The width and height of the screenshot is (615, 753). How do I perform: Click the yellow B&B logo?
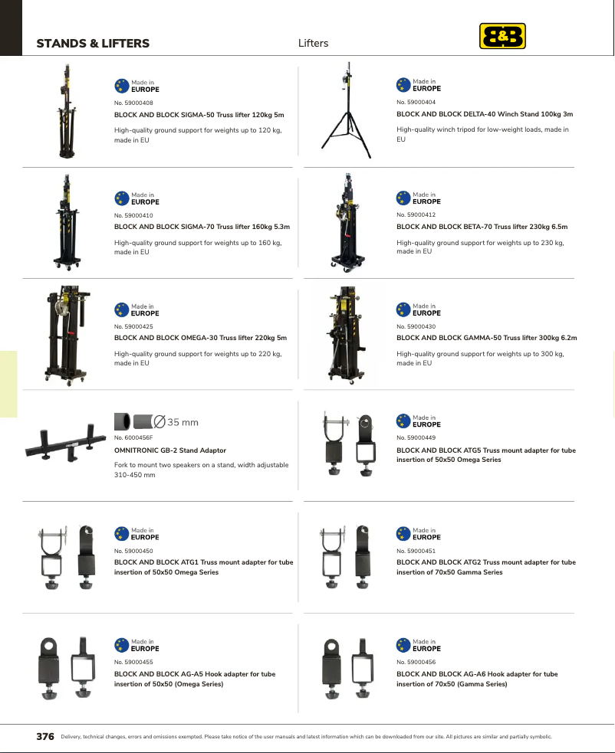502,36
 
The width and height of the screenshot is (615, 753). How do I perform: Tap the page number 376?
45,736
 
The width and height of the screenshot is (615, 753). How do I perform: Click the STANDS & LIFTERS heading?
93,43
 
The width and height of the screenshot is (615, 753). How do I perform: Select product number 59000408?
133,103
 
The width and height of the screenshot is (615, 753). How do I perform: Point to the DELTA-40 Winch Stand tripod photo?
347,110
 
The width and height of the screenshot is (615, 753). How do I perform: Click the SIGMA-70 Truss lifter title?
202,227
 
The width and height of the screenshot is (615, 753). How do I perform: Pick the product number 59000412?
416,214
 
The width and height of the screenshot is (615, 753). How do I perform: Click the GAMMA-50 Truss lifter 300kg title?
487,338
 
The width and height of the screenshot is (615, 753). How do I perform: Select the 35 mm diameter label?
176,422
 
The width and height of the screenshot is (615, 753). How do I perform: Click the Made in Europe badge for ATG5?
419,421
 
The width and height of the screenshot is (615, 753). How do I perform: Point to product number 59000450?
133,551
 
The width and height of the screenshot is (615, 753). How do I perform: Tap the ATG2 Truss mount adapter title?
486,567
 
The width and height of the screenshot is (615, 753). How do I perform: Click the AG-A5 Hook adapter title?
195,679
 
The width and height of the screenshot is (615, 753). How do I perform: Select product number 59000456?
416,662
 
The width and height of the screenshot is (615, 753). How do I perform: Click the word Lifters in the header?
313,43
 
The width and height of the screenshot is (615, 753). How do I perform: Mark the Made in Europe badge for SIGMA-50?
136,86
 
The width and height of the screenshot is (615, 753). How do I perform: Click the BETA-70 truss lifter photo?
347,223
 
